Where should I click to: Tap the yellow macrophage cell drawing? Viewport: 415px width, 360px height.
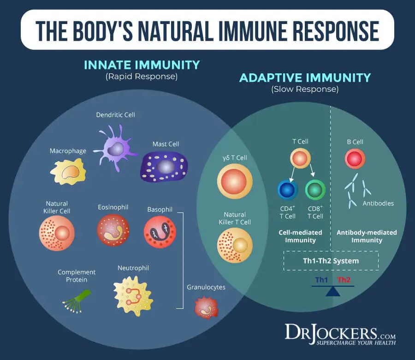point(68,172)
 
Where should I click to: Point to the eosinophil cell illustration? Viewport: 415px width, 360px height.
point(113,229)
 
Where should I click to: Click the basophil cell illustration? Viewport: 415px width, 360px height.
point(160,229)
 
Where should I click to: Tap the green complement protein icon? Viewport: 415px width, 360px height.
point(77,298)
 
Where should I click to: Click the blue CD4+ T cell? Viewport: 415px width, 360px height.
point(288,190)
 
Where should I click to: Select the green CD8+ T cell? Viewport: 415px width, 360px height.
point(315,190)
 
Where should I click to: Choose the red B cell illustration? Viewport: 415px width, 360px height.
point(355,159)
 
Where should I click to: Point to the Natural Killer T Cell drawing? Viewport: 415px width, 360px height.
point(235,245)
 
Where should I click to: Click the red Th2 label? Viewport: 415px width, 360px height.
point(344,280)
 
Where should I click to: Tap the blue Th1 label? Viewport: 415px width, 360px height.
point(322,280)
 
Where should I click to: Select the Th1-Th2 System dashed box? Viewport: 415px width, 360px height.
point(331,261)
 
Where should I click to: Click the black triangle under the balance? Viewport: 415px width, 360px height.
point(332,292)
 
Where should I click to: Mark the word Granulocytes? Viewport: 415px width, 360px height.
point(206,287)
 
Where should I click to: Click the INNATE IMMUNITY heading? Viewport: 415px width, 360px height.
point(142,65)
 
